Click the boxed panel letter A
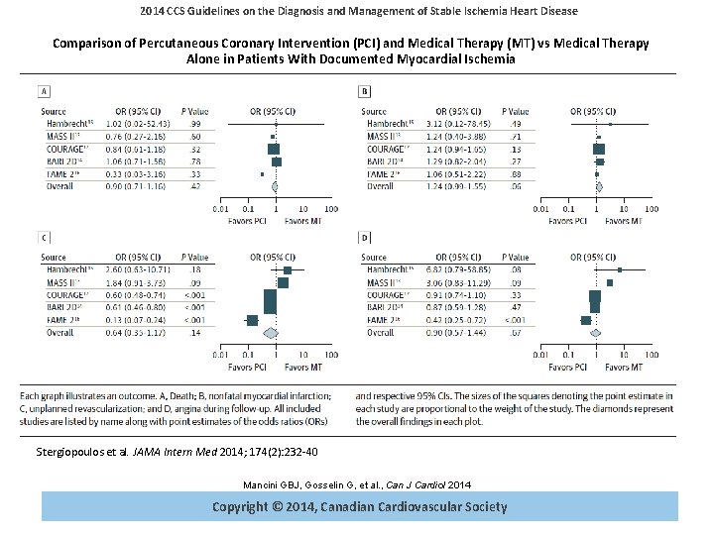tap(45, 91)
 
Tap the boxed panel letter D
tap(366, 238)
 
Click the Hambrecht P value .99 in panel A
tap(195, 123)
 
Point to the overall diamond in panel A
tap(274, 185)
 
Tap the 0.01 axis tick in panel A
tap(221, 209)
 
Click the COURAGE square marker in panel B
tap(599, 148)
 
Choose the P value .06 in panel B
tap(515, 185)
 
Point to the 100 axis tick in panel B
tap(651, 209)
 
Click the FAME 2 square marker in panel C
tap(252, 319)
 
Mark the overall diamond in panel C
tap(269, 332)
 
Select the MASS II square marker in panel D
tap(610, 282)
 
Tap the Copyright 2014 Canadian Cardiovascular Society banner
tap(359, 506)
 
